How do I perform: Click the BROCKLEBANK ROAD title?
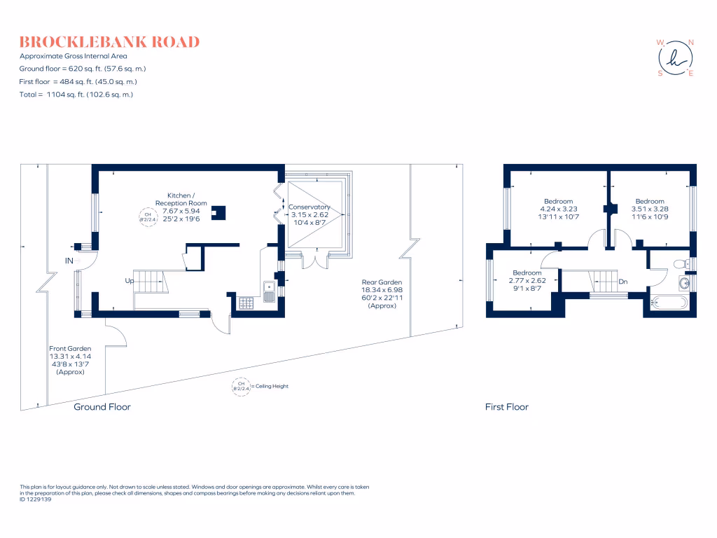[x=109, y=42]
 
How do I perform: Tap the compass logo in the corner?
[x=675, y=57]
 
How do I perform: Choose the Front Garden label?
[x=70, y=360]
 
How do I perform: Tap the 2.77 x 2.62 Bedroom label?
[x=527, y=280]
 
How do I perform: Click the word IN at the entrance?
[x=69, y=261]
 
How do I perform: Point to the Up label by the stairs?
[x=130, y=281]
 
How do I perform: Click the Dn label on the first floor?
[x=622, y=282]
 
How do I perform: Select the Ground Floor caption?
[x=102, y=407]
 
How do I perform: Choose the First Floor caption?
[x=506, y=407]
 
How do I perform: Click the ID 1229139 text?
[x=36, y=499]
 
